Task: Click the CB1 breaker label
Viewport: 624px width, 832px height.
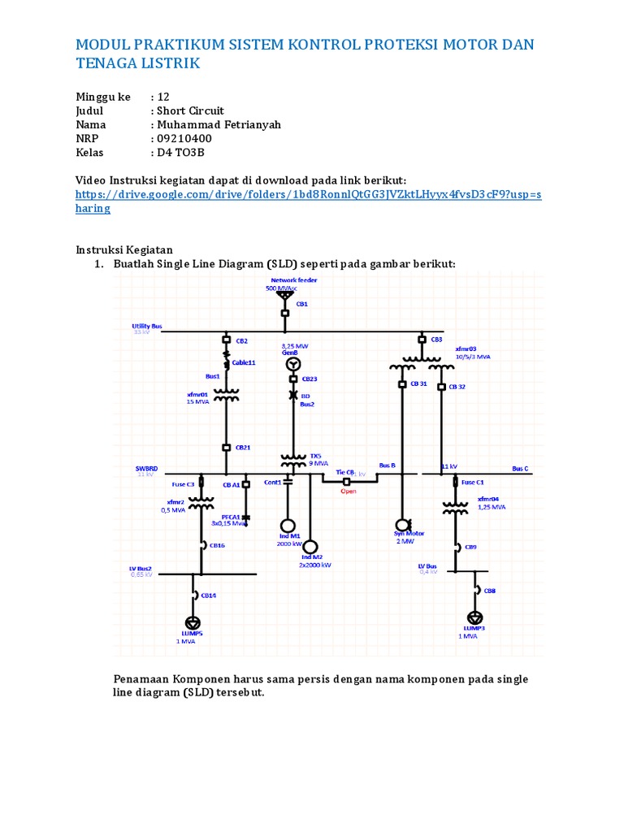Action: point(301,304)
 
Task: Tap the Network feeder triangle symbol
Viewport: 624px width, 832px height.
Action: point(284,296)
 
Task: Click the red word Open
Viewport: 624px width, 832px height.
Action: point(349,491)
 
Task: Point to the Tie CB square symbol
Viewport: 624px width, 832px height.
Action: point(347,480)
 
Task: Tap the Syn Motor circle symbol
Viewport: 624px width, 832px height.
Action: point(402,524)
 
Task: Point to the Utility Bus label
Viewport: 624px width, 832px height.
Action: point(148,326)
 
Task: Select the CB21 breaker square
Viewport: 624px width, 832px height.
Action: point(227,448)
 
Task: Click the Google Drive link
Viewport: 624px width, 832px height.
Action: point(308,201)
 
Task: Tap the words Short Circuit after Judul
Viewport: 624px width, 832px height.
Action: point(191,110)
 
